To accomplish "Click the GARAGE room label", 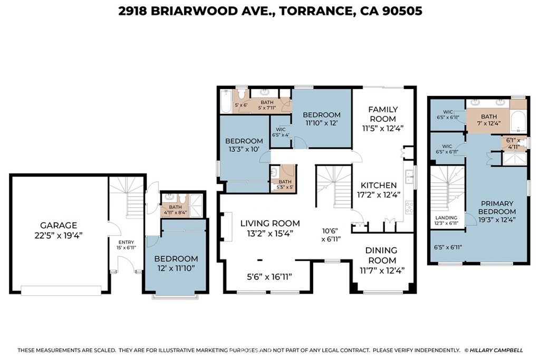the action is pyautogui.click(x=59, y=226).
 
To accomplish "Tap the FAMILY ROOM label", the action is pyautogui.click(x=383, y=114).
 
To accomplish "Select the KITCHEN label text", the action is pyautogui.click(x=379, y=185).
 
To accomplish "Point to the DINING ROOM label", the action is pyautogui.click(x=381, y=255).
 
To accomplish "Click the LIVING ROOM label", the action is pyautogui.click(x=270, y=223).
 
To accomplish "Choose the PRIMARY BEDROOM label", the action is pyautogui.click(x=497, y=207).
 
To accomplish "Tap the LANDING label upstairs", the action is pyautogui.click(x=446, y=218).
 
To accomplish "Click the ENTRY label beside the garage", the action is pyautogui.click(x=127, y=242).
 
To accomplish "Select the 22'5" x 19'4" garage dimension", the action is pyautogui.click(x=59, y=236).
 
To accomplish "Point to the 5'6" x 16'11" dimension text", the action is pyautogui.click(x=269, y=276).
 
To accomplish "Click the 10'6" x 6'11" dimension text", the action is pyautogui.click(x=331, y=235).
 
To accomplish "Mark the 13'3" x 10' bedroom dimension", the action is pyautogui.click(x=244, y=149).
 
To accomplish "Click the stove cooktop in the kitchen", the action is pyautogui.click(x=409, y=208).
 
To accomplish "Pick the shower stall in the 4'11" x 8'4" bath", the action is pyautogui.click(x=196, y=206).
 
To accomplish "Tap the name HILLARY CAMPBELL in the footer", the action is pyautogui.click(x=496, y=351).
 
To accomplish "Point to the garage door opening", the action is pyautogui.click(x=61, y=290).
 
